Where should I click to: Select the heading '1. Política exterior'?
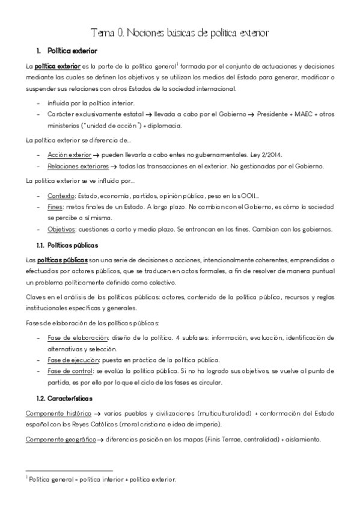pyautogui.click(x=67, y=51)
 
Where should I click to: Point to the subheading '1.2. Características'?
pyautogui.click(x=64, y=399)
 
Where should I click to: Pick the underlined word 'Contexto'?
pyautogui.click(x=60, y=195)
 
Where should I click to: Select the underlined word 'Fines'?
pyautogui.click(x=55, y=206)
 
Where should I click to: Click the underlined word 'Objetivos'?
pyautogui.click(x=62, y=229)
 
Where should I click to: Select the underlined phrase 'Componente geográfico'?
pyautogui.click(x=61, y=440)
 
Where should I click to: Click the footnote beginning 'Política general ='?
pyautogui.click(x=102, y=479)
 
